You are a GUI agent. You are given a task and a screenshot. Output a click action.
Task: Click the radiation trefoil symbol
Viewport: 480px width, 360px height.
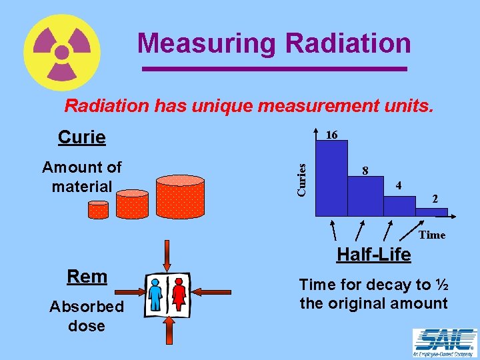point(61,52)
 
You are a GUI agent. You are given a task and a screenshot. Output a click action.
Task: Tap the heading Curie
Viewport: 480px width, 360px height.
point(81,137)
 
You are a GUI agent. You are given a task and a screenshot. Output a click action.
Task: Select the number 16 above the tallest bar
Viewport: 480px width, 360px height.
point(331,135)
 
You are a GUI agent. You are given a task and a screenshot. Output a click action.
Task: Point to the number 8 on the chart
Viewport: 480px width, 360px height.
point(365,171)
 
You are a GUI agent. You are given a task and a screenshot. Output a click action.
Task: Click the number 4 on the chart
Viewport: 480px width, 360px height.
point(398,185)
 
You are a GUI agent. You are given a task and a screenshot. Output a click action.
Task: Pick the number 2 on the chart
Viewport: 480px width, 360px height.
point(434,199)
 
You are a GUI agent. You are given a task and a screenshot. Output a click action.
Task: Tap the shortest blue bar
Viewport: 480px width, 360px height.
point(432,212)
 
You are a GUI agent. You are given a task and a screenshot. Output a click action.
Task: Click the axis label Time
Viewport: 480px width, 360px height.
point(432,235)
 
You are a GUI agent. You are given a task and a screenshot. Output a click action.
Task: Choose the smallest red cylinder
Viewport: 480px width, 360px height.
point(98,209)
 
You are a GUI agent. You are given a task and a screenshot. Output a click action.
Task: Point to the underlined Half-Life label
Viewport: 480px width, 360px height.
point(373,255)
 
